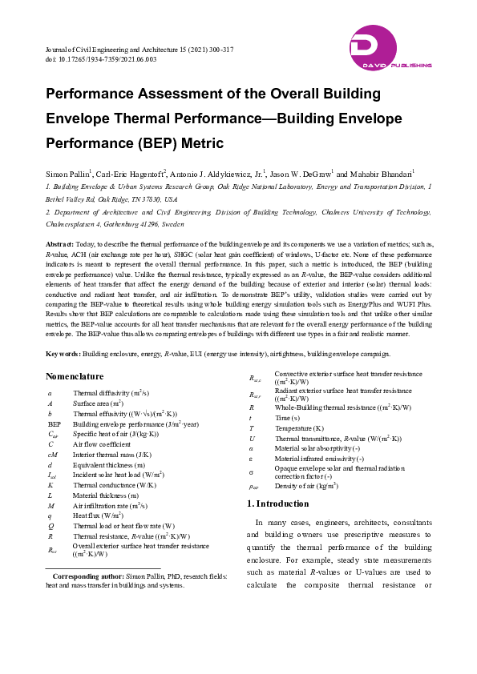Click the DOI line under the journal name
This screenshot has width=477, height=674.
(x=101, y=59)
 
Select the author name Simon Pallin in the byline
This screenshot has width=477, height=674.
(x=69, y=173)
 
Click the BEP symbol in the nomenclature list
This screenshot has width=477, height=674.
(x=55, y=423)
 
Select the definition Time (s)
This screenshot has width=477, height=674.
(x=287, y=418)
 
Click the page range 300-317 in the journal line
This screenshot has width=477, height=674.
(x=216, y=50)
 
